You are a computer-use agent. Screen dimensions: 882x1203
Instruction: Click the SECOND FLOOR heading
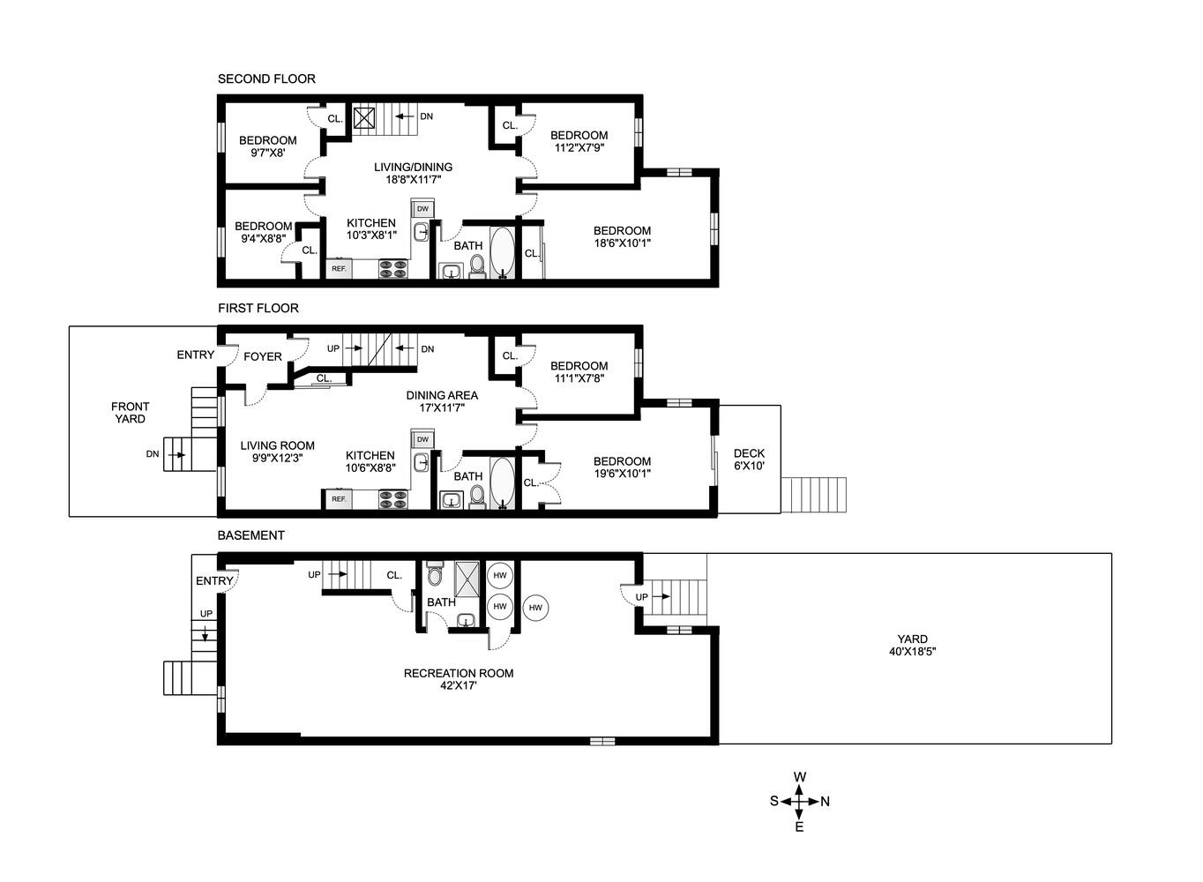266,79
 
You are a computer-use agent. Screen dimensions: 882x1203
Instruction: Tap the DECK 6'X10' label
749,460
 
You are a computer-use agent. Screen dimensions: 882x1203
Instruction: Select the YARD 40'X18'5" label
912,646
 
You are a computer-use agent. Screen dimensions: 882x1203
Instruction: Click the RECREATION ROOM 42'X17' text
459,679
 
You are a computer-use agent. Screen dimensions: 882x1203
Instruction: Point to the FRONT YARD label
131,413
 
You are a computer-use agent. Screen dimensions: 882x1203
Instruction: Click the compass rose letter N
826,802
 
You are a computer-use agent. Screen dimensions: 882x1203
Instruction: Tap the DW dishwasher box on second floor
422,209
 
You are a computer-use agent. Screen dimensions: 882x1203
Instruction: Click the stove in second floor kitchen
392,269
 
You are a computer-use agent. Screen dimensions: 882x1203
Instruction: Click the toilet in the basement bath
434,576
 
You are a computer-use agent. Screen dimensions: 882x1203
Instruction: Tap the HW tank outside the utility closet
535,607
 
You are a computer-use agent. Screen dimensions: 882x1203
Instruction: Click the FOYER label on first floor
263,356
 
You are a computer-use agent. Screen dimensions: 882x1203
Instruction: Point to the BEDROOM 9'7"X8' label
267,146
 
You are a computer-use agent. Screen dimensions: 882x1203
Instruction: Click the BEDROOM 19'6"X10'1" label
622,467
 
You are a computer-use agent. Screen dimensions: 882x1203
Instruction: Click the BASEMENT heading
251,535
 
